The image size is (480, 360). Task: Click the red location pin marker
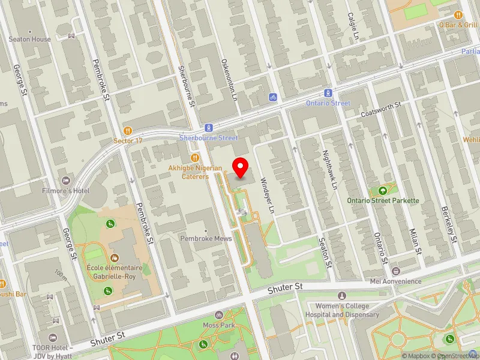coord(241,167)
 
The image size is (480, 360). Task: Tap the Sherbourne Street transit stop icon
coord(208,127)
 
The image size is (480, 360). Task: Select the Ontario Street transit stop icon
coord(328,93)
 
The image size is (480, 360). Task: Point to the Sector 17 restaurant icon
coord(127,130)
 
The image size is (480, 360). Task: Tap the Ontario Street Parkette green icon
coord(382,190)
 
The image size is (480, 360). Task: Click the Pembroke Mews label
coord(206,238)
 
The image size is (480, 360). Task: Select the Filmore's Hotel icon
coord(66,180)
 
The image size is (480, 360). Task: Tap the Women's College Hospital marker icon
coord(342,296)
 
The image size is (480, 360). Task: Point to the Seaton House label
coord(29,39)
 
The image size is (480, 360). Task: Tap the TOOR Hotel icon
coord(52,338)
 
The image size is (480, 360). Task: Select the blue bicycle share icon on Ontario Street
coord(272,97)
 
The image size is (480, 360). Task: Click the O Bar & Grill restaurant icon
coord(458,15)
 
